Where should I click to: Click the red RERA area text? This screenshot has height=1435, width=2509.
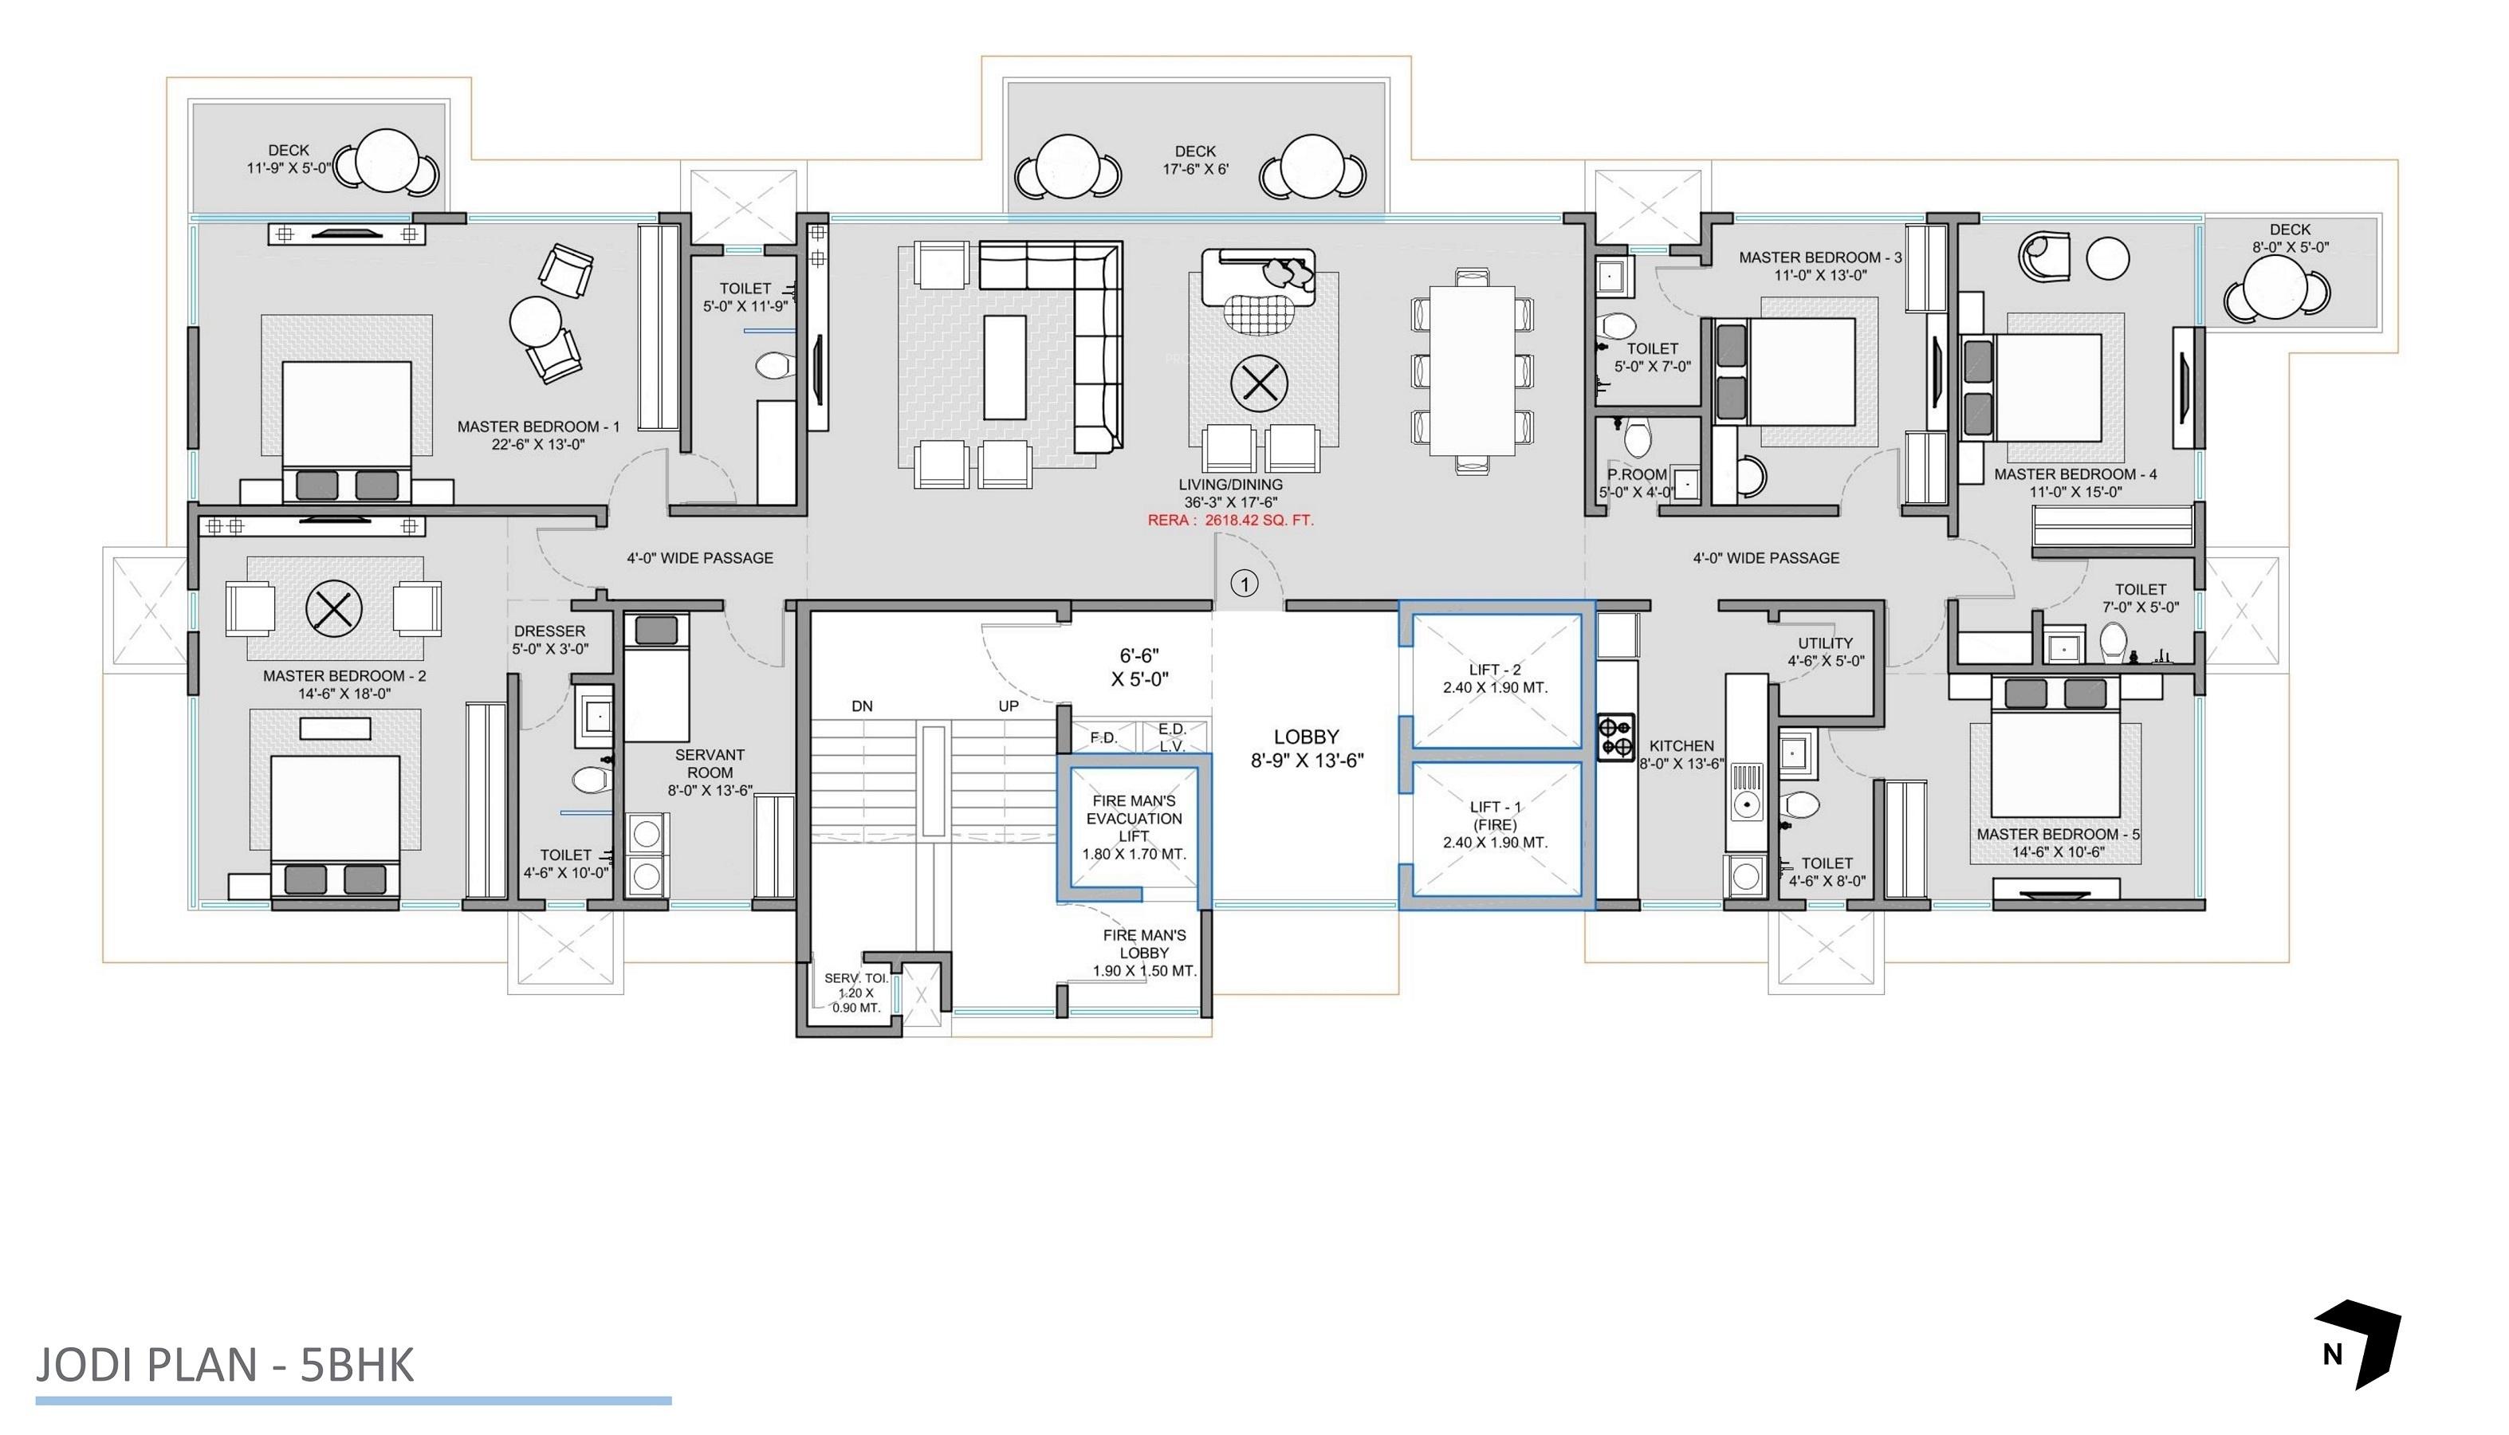1230,521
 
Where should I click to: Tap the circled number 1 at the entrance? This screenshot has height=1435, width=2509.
1245,584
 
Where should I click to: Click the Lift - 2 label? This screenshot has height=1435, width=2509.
1494,678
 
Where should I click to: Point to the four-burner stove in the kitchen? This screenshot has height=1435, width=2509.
1615,738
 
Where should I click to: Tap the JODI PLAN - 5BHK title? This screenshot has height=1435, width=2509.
225,1365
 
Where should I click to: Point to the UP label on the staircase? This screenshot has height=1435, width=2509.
1008,706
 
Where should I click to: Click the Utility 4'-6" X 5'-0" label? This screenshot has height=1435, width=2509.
1825,651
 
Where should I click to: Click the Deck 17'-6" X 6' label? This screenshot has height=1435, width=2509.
1194,159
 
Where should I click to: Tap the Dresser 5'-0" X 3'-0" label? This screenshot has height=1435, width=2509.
550,639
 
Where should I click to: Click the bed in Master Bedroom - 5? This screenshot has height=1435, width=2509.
2054,764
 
